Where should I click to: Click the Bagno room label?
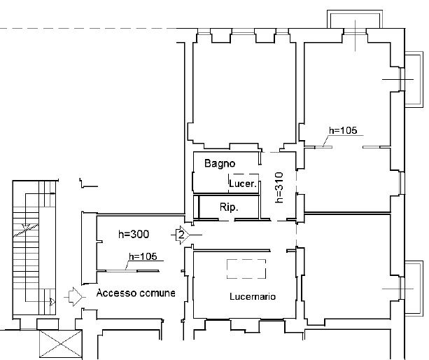pos(220,163)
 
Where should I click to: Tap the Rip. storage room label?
pos(229,207)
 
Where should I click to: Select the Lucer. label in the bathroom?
pos(243,184)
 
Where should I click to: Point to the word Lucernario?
pos(253,296)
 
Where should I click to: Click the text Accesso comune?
pos(136,293)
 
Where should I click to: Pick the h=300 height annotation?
pos(134,234)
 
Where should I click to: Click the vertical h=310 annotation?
pos(279,187)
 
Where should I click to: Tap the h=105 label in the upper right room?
pos(343,130)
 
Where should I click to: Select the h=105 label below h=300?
pos(143,256)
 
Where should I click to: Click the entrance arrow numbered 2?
pos(182,235)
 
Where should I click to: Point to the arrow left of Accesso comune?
pos(75,297)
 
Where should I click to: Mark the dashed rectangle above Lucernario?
pos(246,269)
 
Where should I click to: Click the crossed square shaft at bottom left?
pos(61,344)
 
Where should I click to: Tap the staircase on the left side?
pos(34,248)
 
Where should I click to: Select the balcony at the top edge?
pos(355,19)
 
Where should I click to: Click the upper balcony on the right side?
pos(414,79)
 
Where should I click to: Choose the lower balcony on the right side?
pos(414,289)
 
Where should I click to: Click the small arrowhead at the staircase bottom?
pos(52,302)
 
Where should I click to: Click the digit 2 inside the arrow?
pos(181,235)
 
